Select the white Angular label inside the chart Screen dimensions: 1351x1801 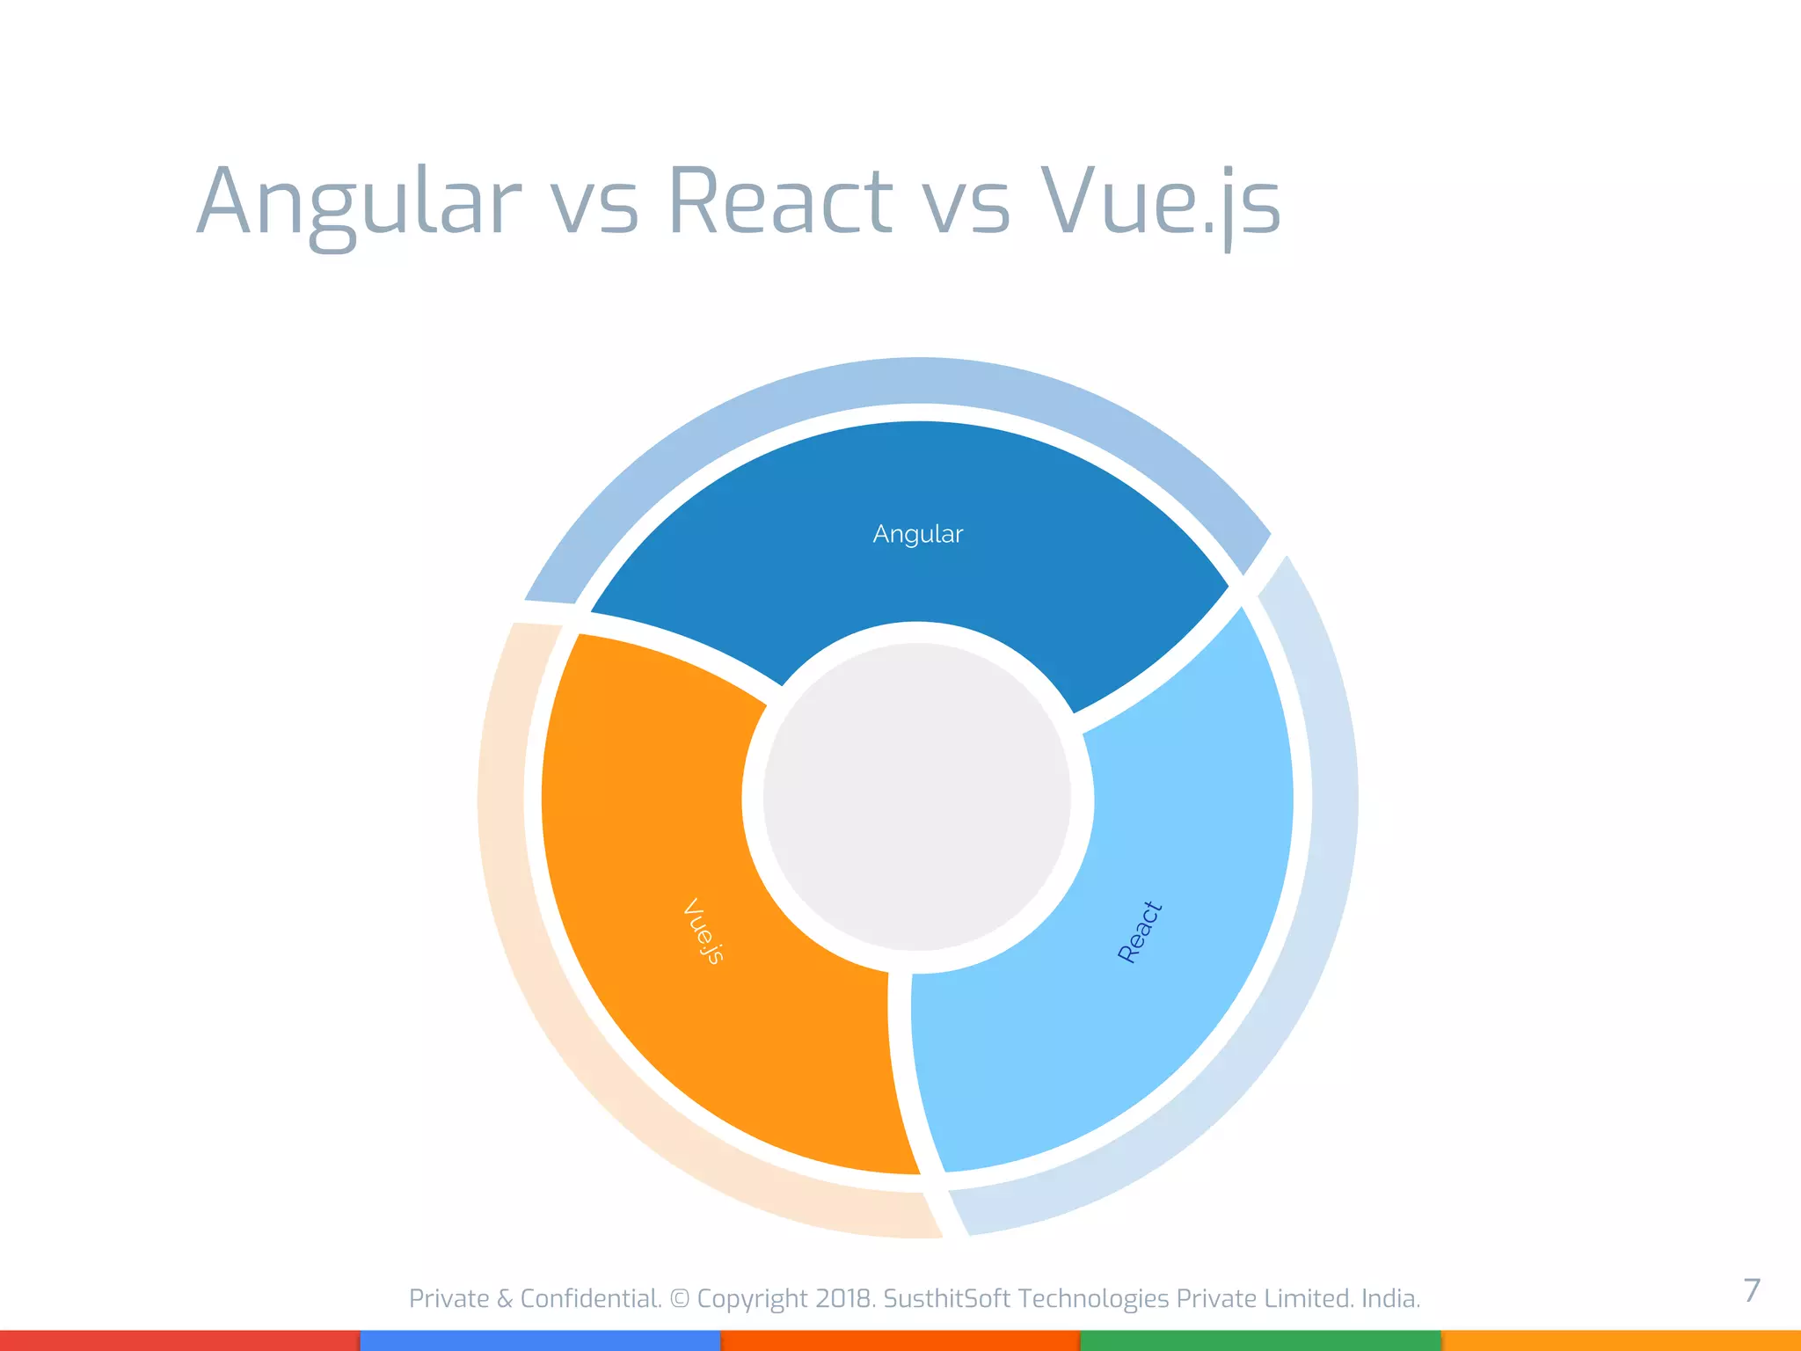click(x=918, y=534)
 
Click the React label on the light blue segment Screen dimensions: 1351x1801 click(x=1140, y=931)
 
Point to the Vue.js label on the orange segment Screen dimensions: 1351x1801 click(x=704, y=931)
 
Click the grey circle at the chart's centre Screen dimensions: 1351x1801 click(x=917, y=797)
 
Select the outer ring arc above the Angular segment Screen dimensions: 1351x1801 click(x=918, y=380)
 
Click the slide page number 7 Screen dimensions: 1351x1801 click(x=1752, y=1290)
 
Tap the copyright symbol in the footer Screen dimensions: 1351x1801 click(x=680, y=1298)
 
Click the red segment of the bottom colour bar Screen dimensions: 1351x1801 click(x=179, y=1340)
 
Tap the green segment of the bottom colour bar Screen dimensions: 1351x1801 click(x=1259, y=1340)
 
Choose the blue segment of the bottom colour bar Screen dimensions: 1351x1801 click(x=540, y=1340)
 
